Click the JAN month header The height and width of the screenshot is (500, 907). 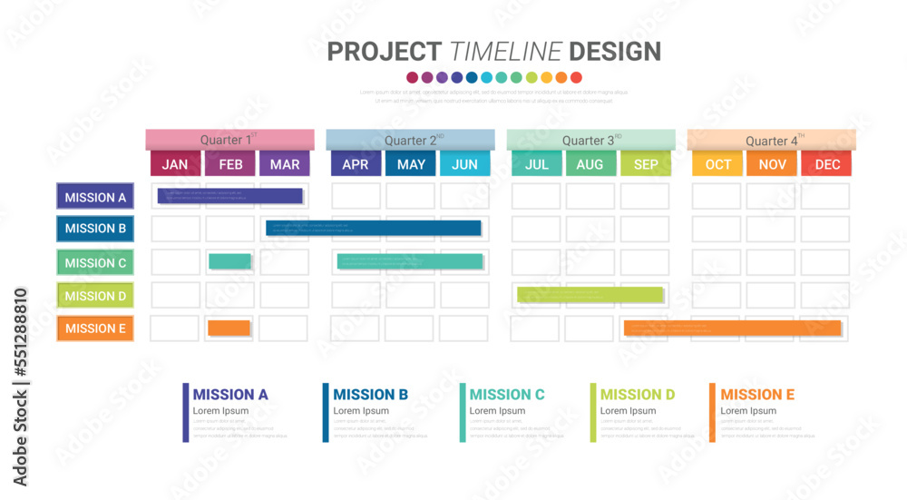[x=175, y=164]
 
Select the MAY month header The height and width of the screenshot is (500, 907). [x=411, y=164]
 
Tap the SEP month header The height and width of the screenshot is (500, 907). [x=646, y=164]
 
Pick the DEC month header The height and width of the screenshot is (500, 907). [x=826, y=164]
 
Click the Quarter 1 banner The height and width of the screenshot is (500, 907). [x=229, y=140]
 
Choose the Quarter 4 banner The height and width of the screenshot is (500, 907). [x=772, y=140]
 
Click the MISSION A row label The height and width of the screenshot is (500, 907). [x=95, y=197]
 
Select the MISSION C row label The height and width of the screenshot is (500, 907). [x=95, y=263]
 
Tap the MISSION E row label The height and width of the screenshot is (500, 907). [x=95, y=328]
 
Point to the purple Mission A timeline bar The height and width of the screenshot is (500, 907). [x=230, y=196]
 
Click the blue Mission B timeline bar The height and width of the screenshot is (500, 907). [x=373, y=228]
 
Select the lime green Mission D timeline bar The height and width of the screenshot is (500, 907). [x=590, y=294]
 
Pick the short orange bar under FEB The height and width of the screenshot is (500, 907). [x=229, y=328]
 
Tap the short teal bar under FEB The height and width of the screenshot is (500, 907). [x=229, y=261]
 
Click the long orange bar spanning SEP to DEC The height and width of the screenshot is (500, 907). [x=733, y=328]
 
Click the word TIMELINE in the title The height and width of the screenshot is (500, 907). [x=506, y=52]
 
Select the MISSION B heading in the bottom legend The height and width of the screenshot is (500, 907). [x=370, y=395]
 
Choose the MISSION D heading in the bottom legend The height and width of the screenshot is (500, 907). [x=638, y=395]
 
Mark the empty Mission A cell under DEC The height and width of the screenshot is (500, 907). [x=825, y=197]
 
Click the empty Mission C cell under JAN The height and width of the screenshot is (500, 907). [x=175, y=262]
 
